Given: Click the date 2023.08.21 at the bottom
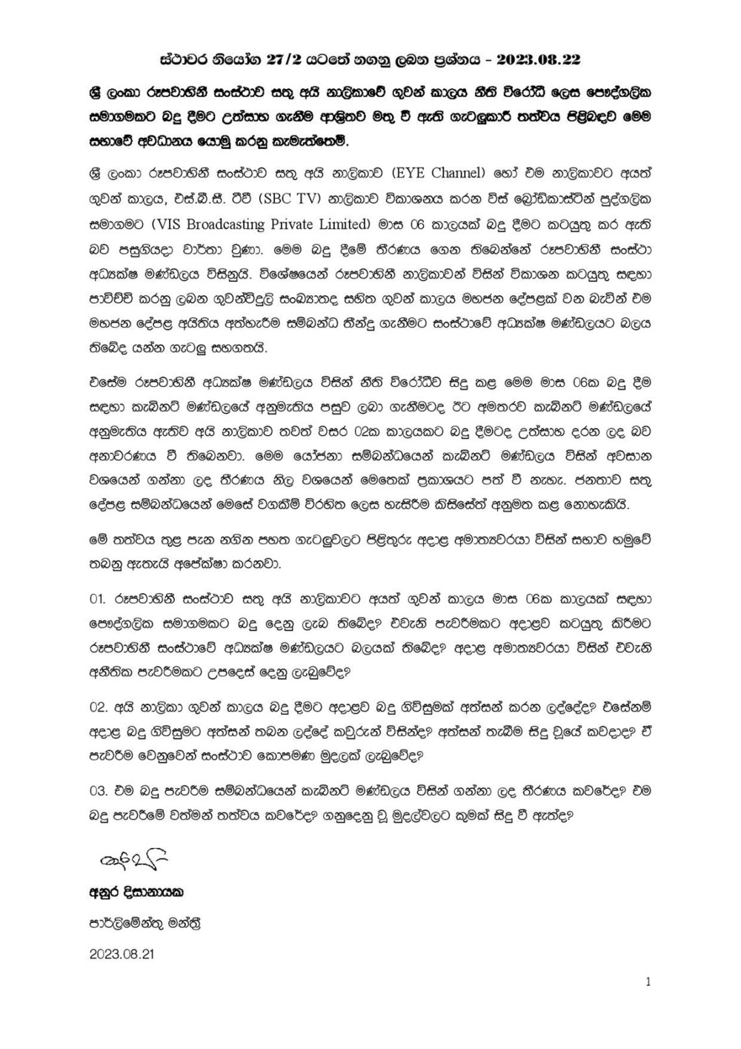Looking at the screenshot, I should pos(121,954).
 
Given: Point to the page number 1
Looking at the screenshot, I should pos(648,982).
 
